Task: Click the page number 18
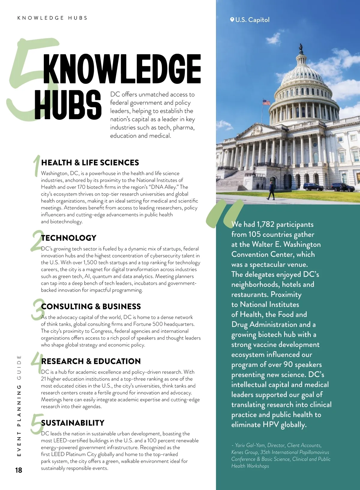(19, 470)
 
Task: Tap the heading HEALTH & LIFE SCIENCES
(90, 163)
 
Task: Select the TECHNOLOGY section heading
(69, 238)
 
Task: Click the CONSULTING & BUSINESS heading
(91, 306)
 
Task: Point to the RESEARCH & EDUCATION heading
(91, 361)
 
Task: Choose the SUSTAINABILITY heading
(73, 423)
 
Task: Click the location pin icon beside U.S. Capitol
(232, 20)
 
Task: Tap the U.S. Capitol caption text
(252, 20)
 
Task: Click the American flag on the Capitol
(266, 102)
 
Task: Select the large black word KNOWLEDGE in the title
(122, 69)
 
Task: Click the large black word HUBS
(68, 105)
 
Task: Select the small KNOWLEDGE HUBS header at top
(52, 18)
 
